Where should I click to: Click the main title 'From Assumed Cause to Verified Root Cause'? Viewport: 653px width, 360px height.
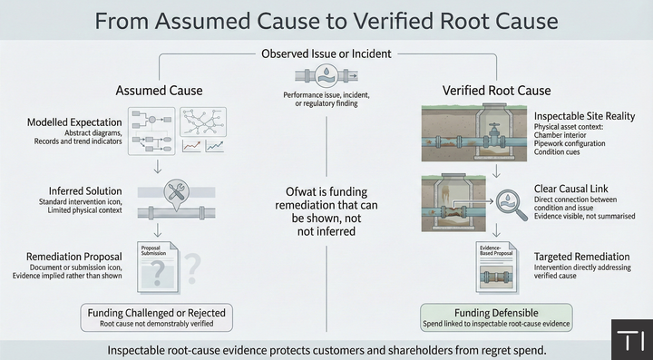[x=326, y=21]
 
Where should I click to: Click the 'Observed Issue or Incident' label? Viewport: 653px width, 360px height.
[x=326, y=54]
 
